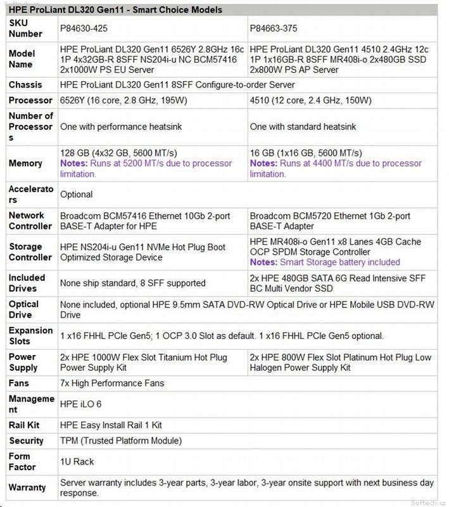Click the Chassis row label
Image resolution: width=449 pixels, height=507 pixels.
pyautogui.click(x=25, y=84)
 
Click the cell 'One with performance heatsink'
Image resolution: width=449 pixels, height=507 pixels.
pyautogui.click(x=121, y=127)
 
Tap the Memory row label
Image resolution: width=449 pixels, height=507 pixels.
pyautogui.click(x=25, y=164)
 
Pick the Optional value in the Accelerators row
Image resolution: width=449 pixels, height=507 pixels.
pyautogui.click(x=76, y=195)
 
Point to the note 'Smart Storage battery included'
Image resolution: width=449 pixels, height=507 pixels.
pyautogui.click(x=325, y=262)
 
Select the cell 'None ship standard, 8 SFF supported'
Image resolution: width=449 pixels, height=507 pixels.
pyautogui.click(x=132, y=283)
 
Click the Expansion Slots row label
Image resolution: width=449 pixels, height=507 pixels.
pyautogui.click(x=30, y=335)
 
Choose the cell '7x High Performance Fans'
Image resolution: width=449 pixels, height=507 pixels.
pyautogui.click(x=112, y=383)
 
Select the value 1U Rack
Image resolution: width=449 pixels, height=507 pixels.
pyautogui.click(x=77, y=461)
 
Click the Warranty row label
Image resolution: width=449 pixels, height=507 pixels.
pyautogui.click(x=27, y=487)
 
